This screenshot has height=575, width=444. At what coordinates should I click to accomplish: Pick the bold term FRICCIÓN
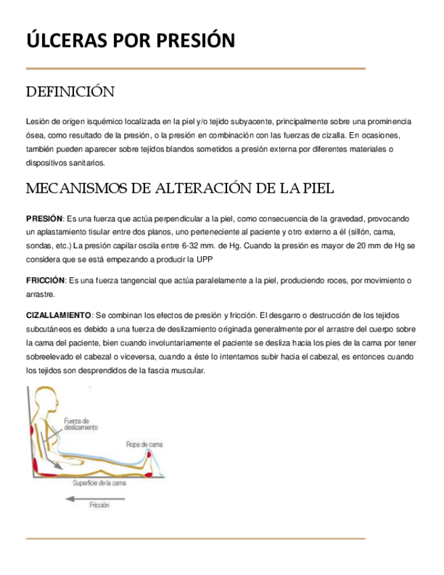click(x=45, y=280)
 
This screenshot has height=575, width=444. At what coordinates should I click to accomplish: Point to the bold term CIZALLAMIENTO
click(x=58, y=316)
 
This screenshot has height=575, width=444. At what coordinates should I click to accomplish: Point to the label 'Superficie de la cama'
click(x=99, y=483)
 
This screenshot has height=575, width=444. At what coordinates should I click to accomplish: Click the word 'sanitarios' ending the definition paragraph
click(x=83, y=163)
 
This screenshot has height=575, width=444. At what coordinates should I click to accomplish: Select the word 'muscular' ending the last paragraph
click(x=189, y=371)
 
